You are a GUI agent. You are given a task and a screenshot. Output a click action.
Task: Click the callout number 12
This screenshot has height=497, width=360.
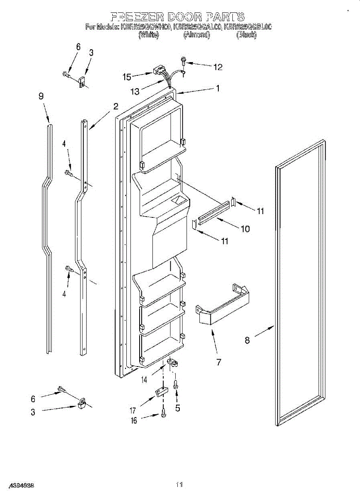(x=217, y=67)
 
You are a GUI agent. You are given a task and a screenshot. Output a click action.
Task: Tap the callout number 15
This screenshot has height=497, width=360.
(x=127, y=77)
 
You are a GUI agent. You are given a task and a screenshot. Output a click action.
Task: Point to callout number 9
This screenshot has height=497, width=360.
(x=41, y=96)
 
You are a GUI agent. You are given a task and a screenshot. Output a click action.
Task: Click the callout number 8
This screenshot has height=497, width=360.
(x=247, y=340)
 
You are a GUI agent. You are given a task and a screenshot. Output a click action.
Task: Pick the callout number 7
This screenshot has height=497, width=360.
(x=218, y=362)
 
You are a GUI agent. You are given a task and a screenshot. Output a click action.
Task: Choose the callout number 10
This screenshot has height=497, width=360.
(x=245, y=229)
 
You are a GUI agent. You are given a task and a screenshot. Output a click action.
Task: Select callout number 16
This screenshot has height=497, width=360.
(x=133, y=420)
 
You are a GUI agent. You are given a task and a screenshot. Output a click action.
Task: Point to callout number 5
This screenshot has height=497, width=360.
(x=178, y=408)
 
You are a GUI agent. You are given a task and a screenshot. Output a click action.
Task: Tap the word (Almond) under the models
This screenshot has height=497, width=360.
(x=197, y=36)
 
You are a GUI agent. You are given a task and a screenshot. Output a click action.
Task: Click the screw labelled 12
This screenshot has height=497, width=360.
(x=183, y=62)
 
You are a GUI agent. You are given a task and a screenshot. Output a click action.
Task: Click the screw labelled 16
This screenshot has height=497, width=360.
(x=163, y=414)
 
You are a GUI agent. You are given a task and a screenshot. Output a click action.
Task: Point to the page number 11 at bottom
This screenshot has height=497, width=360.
(x=179, y=484)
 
